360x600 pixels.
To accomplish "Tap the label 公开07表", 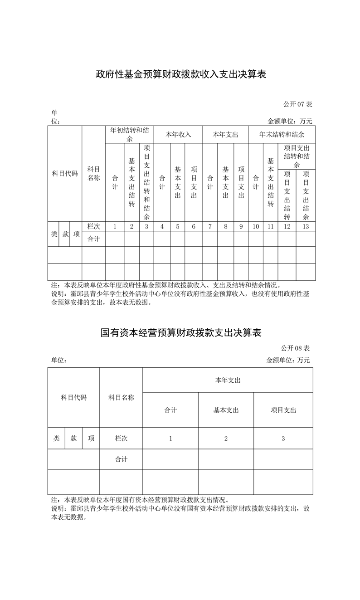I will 298,104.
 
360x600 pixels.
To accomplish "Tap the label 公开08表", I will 295,348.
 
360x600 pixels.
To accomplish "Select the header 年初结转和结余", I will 130,134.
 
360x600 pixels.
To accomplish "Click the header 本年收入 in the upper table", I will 178,135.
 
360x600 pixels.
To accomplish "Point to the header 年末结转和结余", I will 282,135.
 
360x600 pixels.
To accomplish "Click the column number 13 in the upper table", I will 306,226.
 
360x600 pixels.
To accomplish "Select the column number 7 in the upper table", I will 209,226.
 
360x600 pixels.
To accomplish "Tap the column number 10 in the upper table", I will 256,226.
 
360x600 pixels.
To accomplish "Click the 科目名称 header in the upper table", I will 93,174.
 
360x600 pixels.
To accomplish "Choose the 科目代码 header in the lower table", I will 73,398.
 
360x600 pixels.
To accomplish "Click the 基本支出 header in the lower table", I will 226,410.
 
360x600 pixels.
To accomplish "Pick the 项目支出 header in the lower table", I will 283,410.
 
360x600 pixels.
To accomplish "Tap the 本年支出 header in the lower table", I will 228,380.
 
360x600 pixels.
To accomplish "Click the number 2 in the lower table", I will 226,439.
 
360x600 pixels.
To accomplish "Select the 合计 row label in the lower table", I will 121,459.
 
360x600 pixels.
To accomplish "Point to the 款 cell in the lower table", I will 73,439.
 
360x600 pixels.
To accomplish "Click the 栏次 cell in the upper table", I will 93,226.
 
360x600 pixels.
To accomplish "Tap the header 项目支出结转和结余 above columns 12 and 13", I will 297,156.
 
